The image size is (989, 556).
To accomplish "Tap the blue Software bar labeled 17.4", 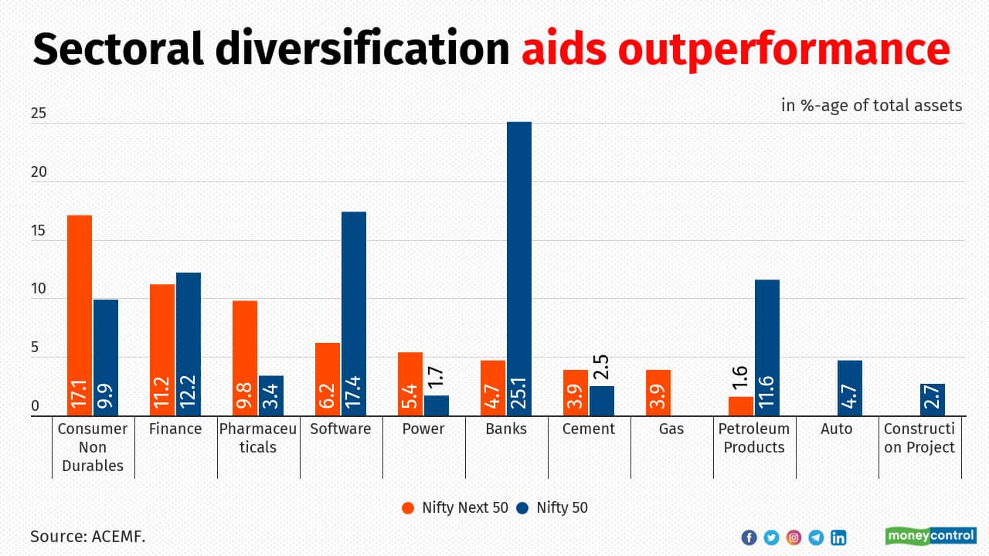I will tap(354, 314).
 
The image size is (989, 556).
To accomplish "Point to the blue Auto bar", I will tap(850, 388).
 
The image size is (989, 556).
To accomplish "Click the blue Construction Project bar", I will tap(933, 399).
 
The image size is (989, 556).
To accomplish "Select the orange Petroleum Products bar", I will tap(741, 406).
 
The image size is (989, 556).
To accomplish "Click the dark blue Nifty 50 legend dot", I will tap(523, 507).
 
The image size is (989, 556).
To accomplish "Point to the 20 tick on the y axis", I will tap(39, 172).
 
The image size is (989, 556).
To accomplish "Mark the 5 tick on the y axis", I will tap(35, 348).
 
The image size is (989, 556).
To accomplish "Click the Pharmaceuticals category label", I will tap(257, 438).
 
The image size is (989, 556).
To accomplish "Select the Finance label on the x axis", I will tap(175, 429).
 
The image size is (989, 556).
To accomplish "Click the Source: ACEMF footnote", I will tap(88, 535).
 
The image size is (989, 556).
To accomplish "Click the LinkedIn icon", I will tap(838, 537).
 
